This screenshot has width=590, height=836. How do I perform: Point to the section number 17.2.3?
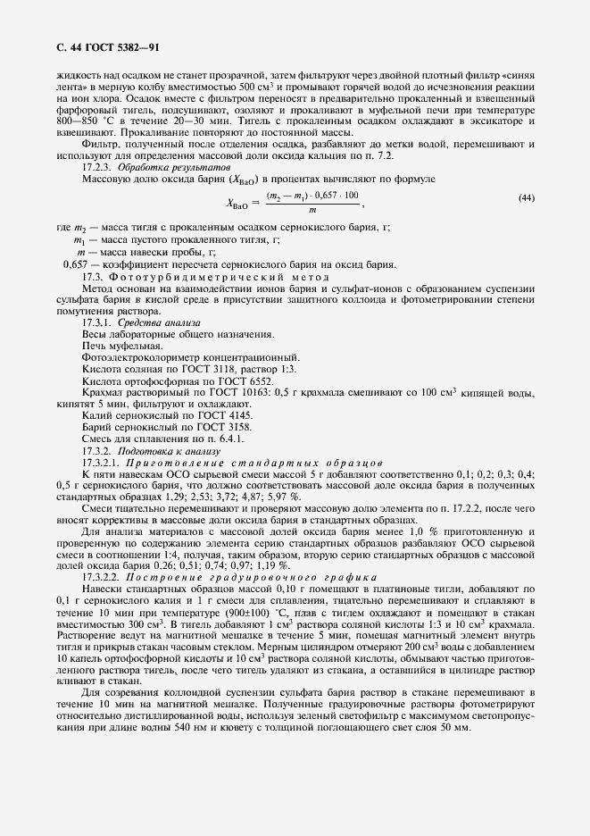point(96,168)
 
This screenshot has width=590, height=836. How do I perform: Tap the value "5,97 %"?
point(284,496)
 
